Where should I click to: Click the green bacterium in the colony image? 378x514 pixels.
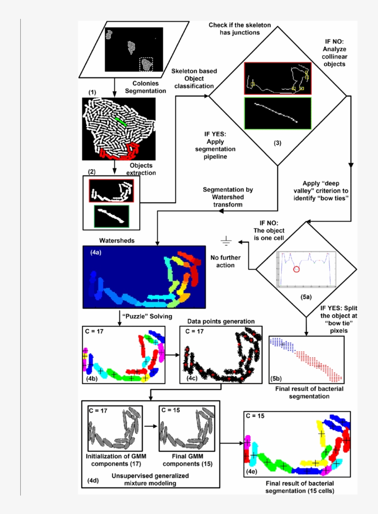pyautogui.click(x=120, y=121)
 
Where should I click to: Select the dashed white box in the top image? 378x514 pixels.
pyautogui.click(x=147, y=65)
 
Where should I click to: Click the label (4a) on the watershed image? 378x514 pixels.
pyautogui.click(x=96, y=253)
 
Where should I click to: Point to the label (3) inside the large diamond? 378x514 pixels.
pyautogui.click(x=277, y=143)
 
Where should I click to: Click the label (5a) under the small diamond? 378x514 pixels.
pyautogui.click(x=306, y=298)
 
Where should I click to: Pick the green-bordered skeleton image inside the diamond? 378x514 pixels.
pyautogui.click(x=278, y=112)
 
